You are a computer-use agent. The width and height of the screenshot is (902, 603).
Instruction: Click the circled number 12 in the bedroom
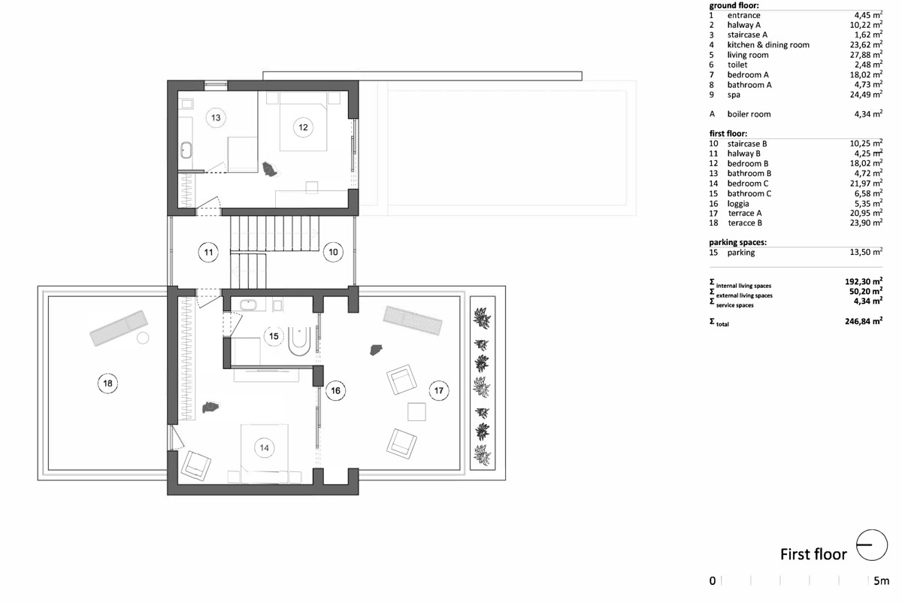(x=303, y=127)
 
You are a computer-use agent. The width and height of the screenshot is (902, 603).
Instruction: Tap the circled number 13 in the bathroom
(x=216, y=117)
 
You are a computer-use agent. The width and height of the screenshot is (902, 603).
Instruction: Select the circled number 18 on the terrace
(x=107, y=383)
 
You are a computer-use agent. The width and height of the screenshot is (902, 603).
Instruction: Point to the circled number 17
(x=438, y=390)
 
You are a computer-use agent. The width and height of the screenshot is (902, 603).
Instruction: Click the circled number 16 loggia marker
(x=335, y=390)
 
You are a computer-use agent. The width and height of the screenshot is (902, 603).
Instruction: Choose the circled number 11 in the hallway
(x=208, y=253)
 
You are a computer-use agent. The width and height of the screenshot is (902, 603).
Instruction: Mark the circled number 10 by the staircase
(x=333, y=252)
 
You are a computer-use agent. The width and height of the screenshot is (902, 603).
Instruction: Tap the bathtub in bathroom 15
(x=300, y=341)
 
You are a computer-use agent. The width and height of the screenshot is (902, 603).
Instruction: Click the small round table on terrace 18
(x=143, y=338)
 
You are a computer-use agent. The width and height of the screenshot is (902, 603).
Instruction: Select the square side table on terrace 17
(x=416, y=412)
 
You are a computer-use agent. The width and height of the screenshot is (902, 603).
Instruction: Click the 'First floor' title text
(x=813, y=554)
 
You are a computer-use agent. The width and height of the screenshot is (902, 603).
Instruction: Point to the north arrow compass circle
(x=872, y=545)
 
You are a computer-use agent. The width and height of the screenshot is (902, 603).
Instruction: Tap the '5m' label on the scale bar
(x=881, y=581)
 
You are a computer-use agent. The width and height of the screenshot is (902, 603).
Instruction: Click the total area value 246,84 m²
(x=864, y=321)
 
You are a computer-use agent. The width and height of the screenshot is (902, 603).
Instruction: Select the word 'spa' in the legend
(x=734, y=95)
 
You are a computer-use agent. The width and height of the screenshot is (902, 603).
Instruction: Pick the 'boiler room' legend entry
(x=749, y=114)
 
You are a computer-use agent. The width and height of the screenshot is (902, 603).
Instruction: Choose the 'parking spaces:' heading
(x=737, y=243)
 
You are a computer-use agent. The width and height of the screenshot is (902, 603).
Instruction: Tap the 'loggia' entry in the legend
(x=738, y=204)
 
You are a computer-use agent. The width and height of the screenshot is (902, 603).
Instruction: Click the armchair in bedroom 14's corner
(x=196, y=465)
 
